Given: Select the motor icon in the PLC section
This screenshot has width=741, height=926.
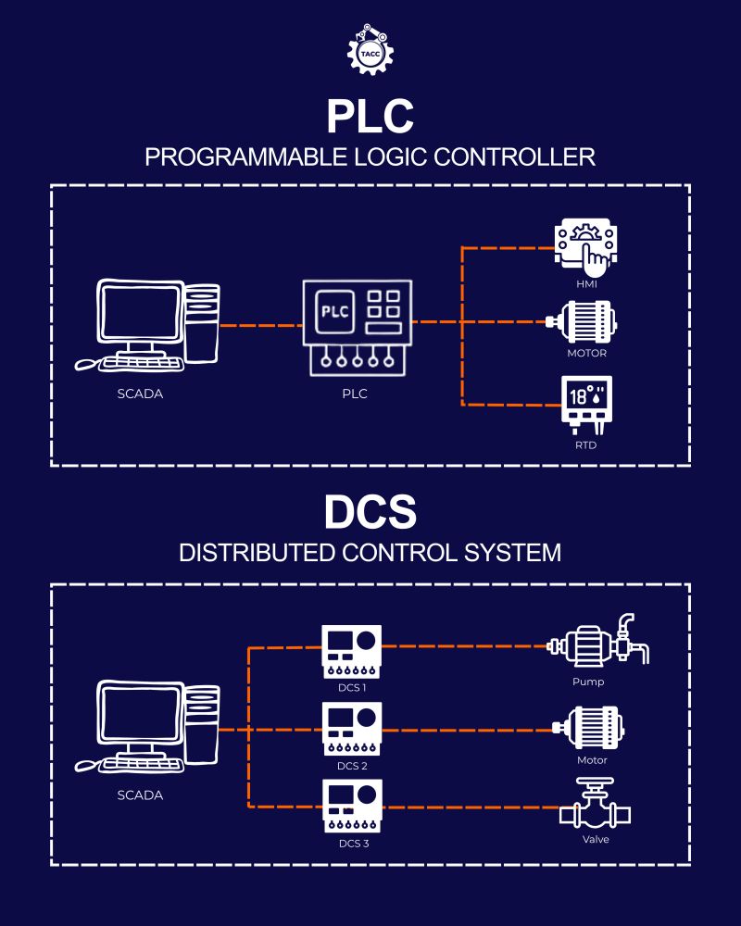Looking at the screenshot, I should click(582, 322).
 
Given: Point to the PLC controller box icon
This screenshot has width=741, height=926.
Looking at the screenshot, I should click(356, 328).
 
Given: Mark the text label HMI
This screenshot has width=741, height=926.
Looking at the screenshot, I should click(585, 286).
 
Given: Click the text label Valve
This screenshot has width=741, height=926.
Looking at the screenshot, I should click(596, 839).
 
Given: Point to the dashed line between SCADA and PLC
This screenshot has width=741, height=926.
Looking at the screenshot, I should click(262, 325).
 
